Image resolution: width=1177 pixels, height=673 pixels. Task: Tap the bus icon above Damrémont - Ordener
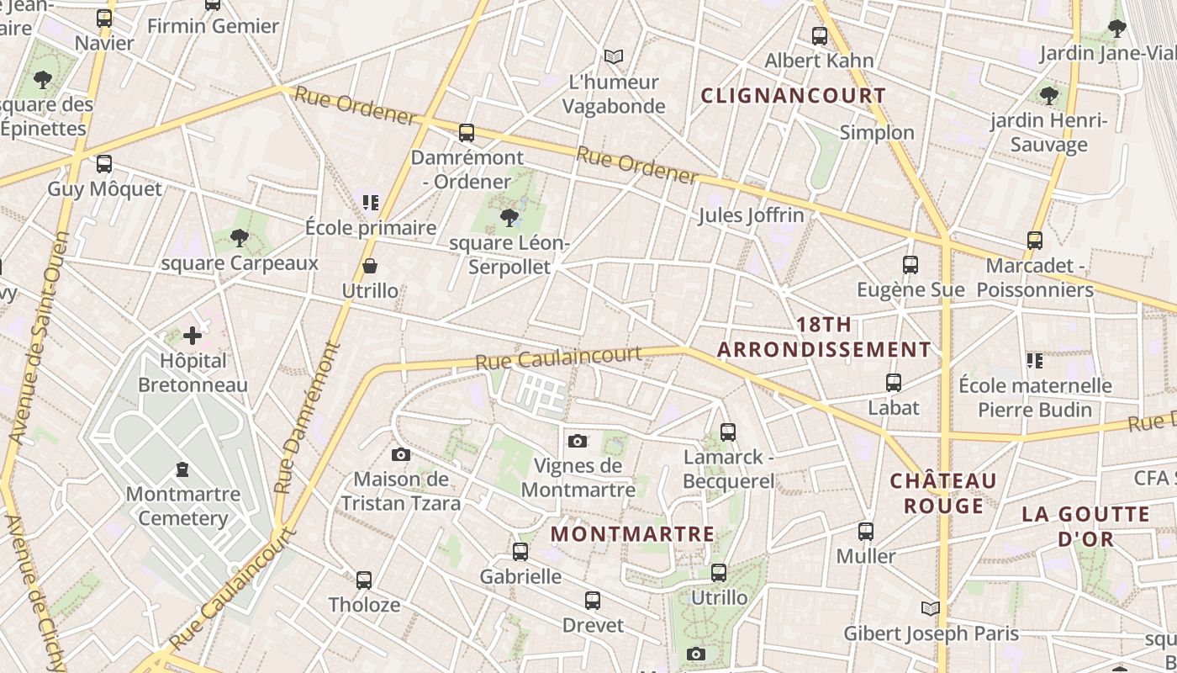click(x=467, y=133)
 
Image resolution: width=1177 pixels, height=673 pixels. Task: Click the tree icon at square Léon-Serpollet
click(x=509, y=219)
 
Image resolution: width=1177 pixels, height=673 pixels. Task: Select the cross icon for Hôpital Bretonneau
click(x=193, y=336)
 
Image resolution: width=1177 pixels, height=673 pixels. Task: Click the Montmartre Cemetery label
click(x=183, y=506)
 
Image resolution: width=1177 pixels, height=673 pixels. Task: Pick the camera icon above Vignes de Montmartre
click(x=578, y=441)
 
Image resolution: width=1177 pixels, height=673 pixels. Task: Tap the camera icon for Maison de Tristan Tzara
click(x=401, y=454)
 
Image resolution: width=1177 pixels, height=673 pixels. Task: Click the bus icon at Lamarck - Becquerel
click(x=728, y=432)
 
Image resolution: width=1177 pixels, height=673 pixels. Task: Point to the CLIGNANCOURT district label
click(x=793, y=96)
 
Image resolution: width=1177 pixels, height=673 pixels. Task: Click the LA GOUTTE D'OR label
click(x=1085, y=527)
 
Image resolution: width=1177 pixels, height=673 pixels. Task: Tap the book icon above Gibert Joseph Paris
click(x=930, y=608)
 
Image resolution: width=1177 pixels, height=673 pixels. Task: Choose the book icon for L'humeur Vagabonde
click(x=614, y=57)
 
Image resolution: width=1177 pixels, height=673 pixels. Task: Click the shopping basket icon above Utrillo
click(x=370, y=267)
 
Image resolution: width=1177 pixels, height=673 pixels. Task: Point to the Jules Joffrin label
click(x=751, y=215)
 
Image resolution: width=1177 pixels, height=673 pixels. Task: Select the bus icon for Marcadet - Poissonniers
click(x=1035, y=241)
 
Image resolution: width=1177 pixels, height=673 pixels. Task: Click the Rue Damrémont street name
click(x=309, y=417)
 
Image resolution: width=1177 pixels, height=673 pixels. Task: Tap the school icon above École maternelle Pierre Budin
click(x=1035, y=361)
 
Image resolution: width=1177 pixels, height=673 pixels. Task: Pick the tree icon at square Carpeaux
click(x=240, y=238)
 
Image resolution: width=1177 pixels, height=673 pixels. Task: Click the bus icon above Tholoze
click(x=364, y=580)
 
